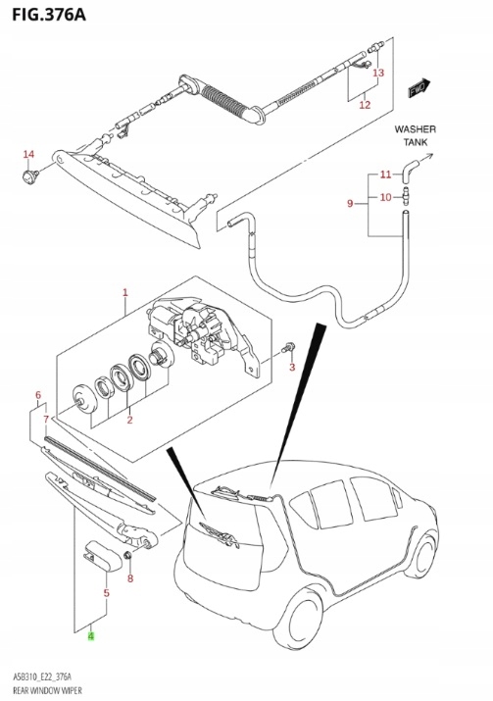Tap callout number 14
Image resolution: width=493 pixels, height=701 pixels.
point(28,154)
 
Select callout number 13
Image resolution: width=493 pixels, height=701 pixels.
point(378,74)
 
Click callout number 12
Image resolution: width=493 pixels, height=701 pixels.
point(365,104)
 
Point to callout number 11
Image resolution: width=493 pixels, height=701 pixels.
point(385,175)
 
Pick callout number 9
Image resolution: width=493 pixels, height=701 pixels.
point(349,203)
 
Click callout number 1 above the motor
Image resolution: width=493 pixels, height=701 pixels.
point(125,292)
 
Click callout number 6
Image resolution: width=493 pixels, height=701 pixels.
point(38,396)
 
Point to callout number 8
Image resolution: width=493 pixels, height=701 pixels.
point(128,578)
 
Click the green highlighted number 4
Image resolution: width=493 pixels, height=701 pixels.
point(91,636)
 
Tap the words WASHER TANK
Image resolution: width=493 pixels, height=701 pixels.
point(415,135)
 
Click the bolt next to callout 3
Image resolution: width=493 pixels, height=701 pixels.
point(285,348)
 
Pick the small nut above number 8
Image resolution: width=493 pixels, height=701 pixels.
point(127,558)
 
